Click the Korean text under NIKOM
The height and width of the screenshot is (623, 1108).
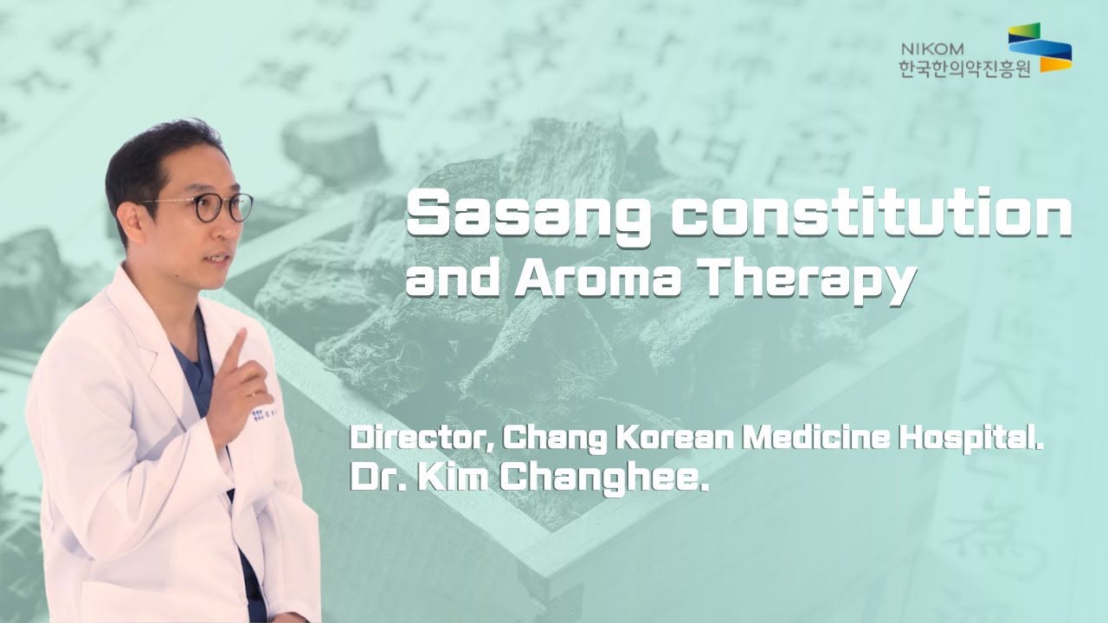(964, 68)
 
